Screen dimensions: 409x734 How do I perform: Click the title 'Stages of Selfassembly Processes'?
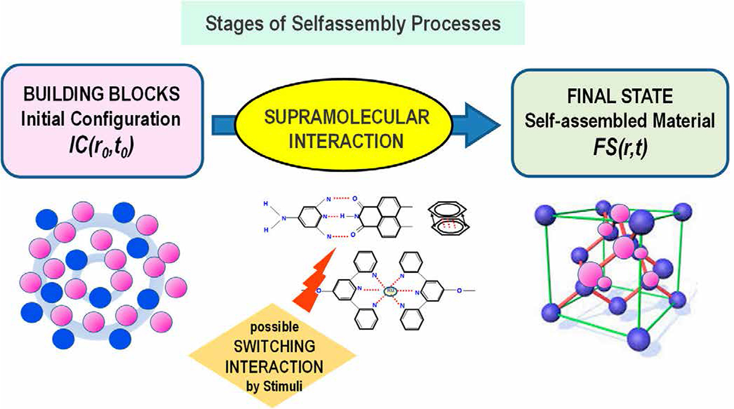(353, 24)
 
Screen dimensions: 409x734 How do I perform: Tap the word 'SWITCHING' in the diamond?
(285, 346)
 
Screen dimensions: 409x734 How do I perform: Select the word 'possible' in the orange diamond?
(285, 329)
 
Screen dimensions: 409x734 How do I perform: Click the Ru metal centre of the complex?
(391, 291)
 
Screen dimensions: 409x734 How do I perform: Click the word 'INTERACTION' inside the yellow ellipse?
(347, 141)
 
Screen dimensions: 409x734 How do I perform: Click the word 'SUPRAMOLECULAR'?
(347, 118)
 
